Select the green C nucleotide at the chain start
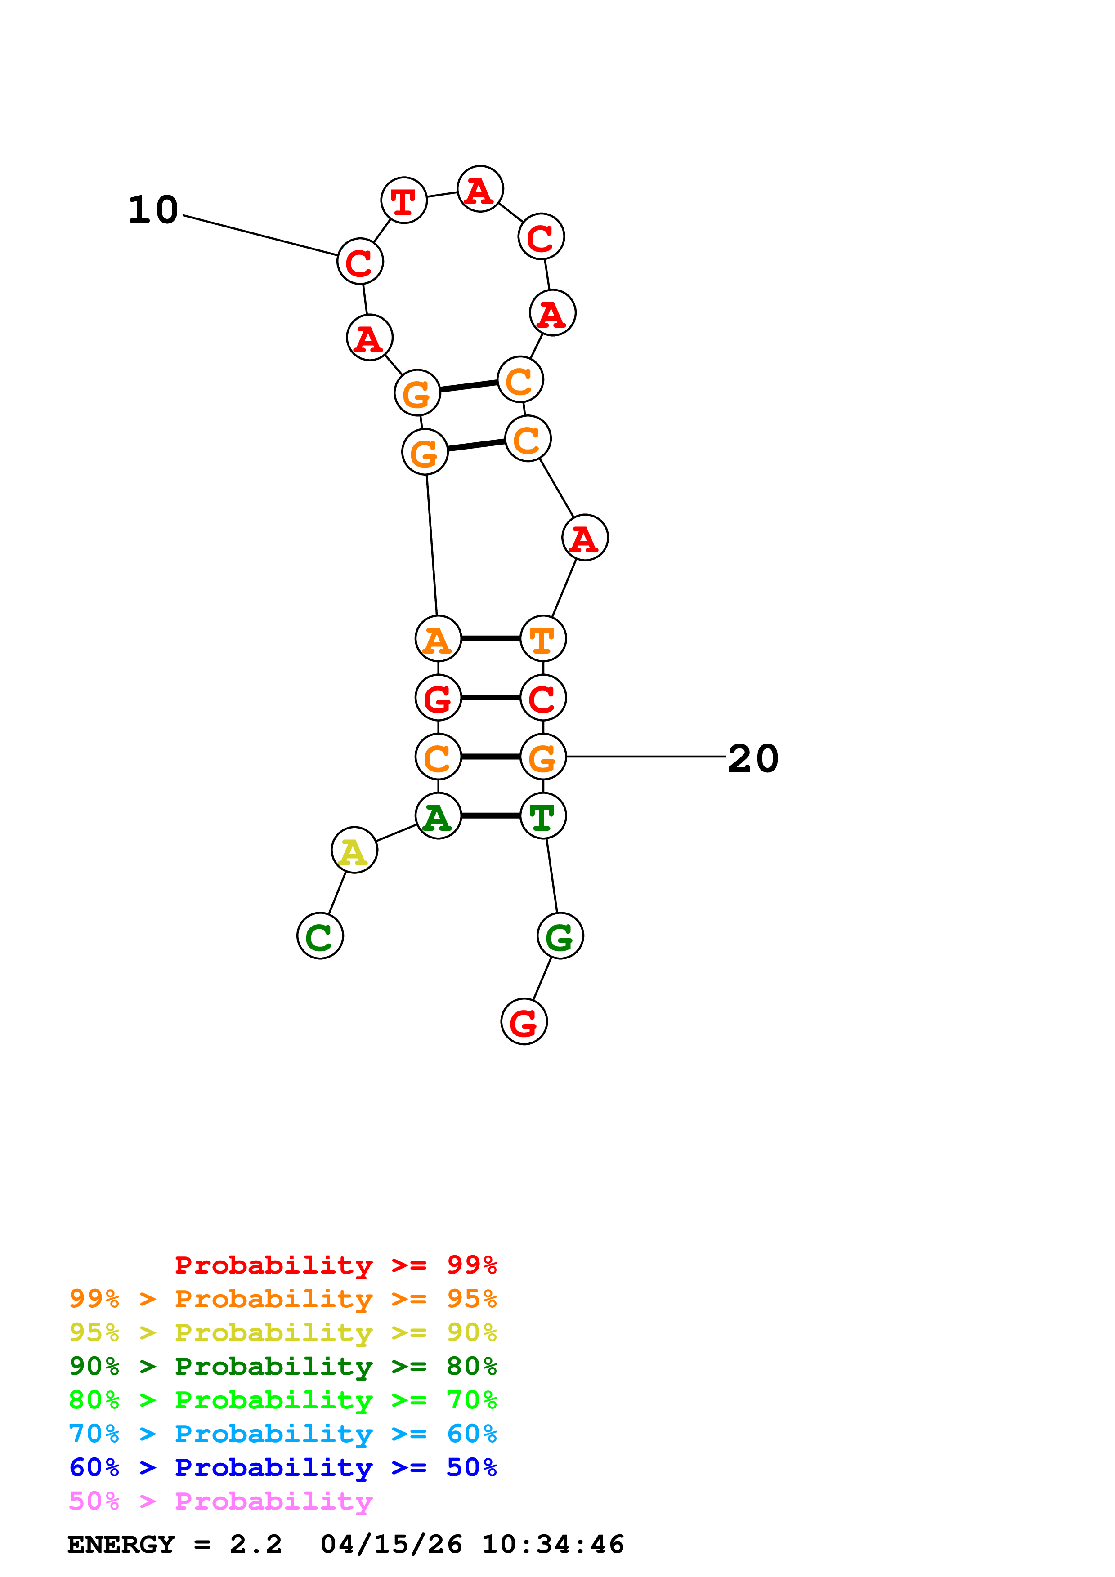click(320, 936)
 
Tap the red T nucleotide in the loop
click(404, 200)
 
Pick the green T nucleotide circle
click(543, 815)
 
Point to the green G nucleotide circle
click(560, 936)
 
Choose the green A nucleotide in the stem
click(438, 815)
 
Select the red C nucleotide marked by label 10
click(360, 262)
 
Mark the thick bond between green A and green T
click(491, 815)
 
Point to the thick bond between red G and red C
click(491, 697)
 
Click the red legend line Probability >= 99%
click(335, 1265)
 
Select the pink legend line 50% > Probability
click(220, 1501)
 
